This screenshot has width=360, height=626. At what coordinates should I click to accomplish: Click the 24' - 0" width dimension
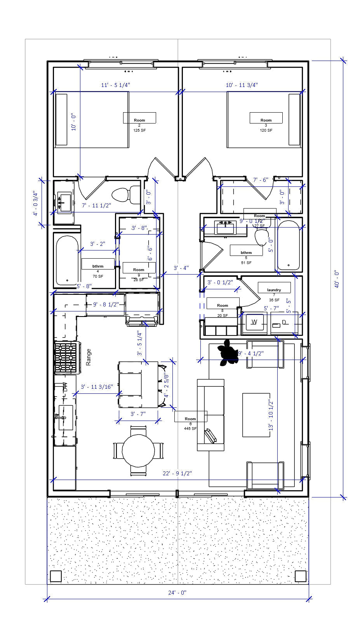coord(178,593)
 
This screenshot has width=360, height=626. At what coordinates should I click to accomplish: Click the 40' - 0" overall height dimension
coord(337,279)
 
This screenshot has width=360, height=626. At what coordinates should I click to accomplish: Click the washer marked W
coord(254,322)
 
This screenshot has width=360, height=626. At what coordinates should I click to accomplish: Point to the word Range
coord(89,357)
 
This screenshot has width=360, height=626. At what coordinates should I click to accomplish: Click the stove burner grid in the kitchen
coord(66,357)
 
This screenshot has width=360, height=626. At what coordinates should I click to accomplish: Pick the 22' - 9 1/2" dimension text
coord(177,473)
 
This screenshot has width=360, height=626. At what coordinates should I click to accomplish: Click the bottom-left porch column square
coord(56,576)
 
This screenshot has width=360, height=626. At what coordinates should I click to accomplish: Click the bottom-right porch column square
coord(300,576)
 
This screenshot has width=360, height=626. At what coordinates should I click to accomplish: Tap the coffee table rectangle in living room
coord(256,415)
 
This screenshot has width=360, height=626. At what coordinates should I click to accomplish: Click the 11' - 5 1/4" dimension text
coord(116,85)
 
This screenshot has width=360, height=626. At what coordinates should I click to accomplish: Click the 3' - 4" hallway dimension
coord(181,268)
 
